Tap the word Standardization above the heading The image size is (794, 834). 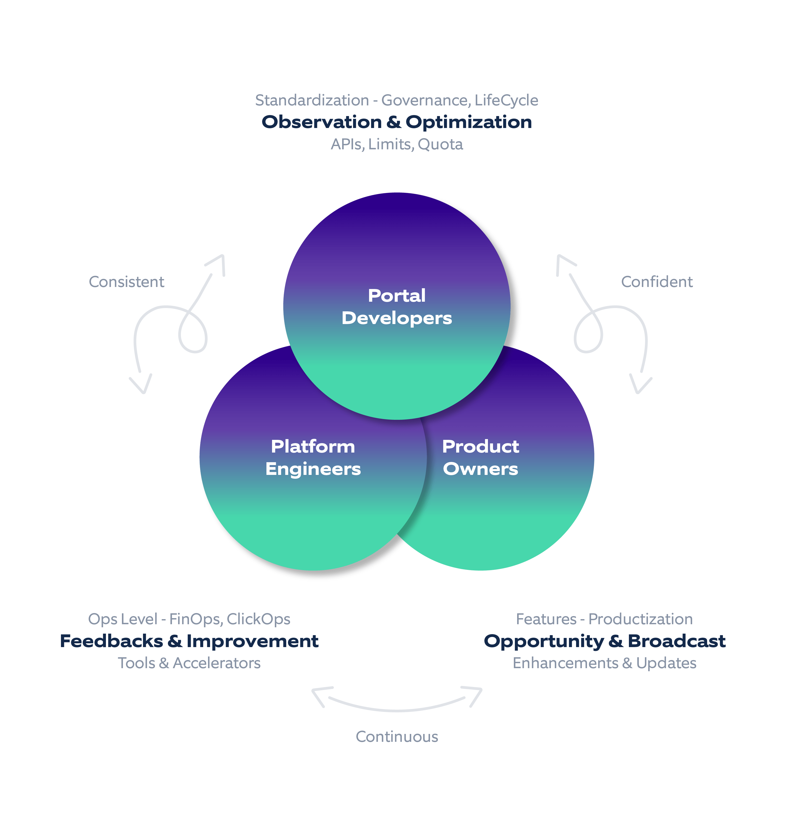point(312,100)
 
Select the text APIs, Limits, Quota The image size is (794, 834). point(396,144)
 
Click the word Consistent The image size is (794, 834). point(126,282)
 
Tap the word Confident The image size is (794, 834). point(656,282)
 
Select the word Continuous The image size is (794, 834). point(396,737)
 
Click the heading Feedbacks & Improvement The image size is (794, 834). point(189,641)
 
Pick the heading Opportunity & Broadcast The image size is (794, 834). point(604,641)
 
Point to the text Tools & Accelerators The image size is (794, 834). point(189,663)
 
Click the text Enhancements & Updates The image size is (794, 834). point(604,663)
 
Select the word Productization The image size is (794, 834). point(640,619)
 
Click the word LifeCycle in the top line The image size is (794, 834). point(506,100)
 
